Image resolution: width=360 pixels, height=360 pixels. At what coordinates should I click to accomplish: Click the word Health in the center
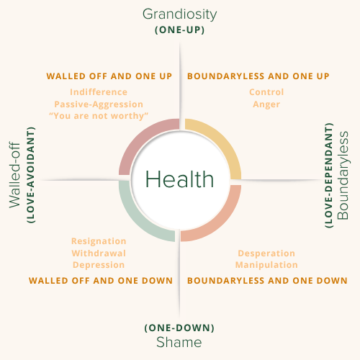179,179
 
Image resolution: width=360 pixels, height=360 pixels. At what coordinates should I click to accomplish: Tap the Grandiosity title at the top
179,14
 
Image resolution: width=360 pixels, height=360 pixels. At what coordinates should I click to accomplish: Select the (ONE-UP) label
180,30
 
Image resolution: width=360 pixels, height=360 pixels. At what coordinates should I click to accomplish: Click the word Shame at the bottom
179,342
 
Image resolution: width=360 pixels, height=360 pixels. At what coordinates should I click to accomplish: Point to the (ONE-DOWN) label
179,328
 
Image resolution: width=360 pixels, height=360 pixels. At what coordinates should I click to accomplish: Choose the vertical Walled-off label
14,175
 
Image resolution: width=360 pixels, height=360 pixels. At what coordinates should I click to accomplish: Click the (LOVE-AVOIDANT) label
31,175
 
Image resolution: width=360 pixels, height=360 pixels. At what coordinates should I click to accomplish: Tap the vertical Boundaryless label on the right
343,176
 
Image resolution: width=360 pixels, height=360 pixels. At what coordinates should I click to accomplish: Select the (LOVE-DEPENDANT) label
329,175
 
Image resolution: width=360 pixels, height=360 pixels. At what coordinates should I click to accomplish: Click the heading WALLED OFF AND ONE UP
109,76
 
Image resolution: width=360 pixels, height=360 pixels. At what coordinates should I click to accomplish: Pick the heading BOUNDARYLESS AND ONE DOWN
267,281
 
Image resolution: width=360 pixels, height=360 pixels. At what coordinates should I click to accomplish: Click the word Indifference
99,92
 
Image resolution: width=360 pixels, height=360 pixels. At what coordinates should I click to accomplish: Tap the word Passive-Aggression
99,104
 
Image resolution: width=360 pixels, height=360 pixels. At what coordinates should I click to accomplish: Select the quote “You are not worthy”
99,116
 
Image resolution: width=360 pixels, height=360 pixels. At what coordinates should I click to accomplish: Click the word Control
266,92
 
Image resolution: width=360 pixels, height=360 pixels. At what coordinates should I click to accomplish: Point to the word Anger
266,104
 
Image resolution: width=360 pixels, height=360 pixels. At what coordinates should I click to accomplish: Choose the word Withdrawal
99,253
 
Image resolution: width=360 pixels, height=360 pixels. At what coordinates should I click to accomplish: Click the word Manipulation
266,265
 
